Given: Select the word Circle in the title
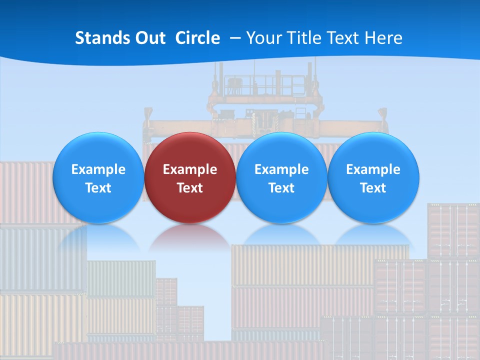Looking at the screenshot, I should click(x=197, y=38).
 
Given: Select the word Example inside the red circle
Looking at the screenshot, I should click(x=190, y=169).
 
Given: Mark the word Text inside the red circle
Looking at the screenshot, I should click(x=190, y=188).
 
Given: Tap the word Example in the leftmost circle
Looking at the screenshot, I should click(x=98, y=169).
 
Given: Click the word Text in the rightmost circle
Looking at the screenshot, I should click(x=373, y=188).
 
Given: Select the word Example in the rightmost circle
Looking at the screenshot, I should click(x=373, y=169).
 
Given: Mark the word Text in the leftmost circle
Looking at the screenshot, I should click(x=98, y=188).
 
